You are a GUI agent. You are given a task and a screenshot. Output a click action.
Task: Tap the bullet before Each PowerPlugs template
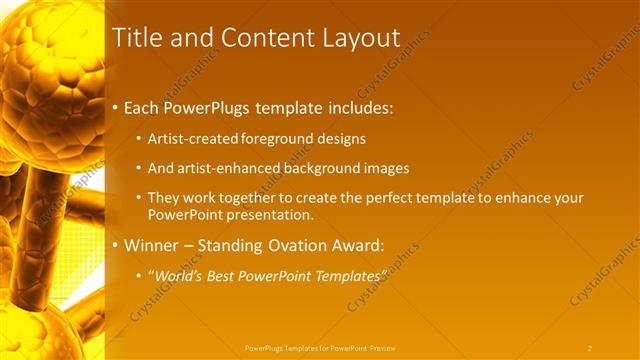point(116,106)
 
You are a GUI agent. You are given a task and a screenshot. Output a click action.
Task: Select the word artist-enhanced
point(222,168)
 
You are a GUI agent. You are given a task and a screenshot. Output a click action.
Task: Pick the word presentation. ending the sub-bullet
point(277,214)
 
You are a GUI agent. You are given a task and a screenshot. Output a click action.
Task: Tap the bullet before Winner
point(116,244)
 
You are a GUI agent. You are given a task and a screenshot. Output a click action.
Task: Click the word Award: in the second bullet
point(359,244)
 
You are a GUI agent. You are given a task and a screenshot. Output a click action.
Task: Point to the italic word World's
point(179,275)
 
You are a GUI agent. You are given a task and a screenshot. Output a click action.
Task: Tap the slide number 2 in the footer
point(590,348)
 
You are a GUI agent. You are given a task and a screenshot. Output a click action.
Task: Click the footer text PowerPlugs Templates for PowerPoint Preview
point(320,348)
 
